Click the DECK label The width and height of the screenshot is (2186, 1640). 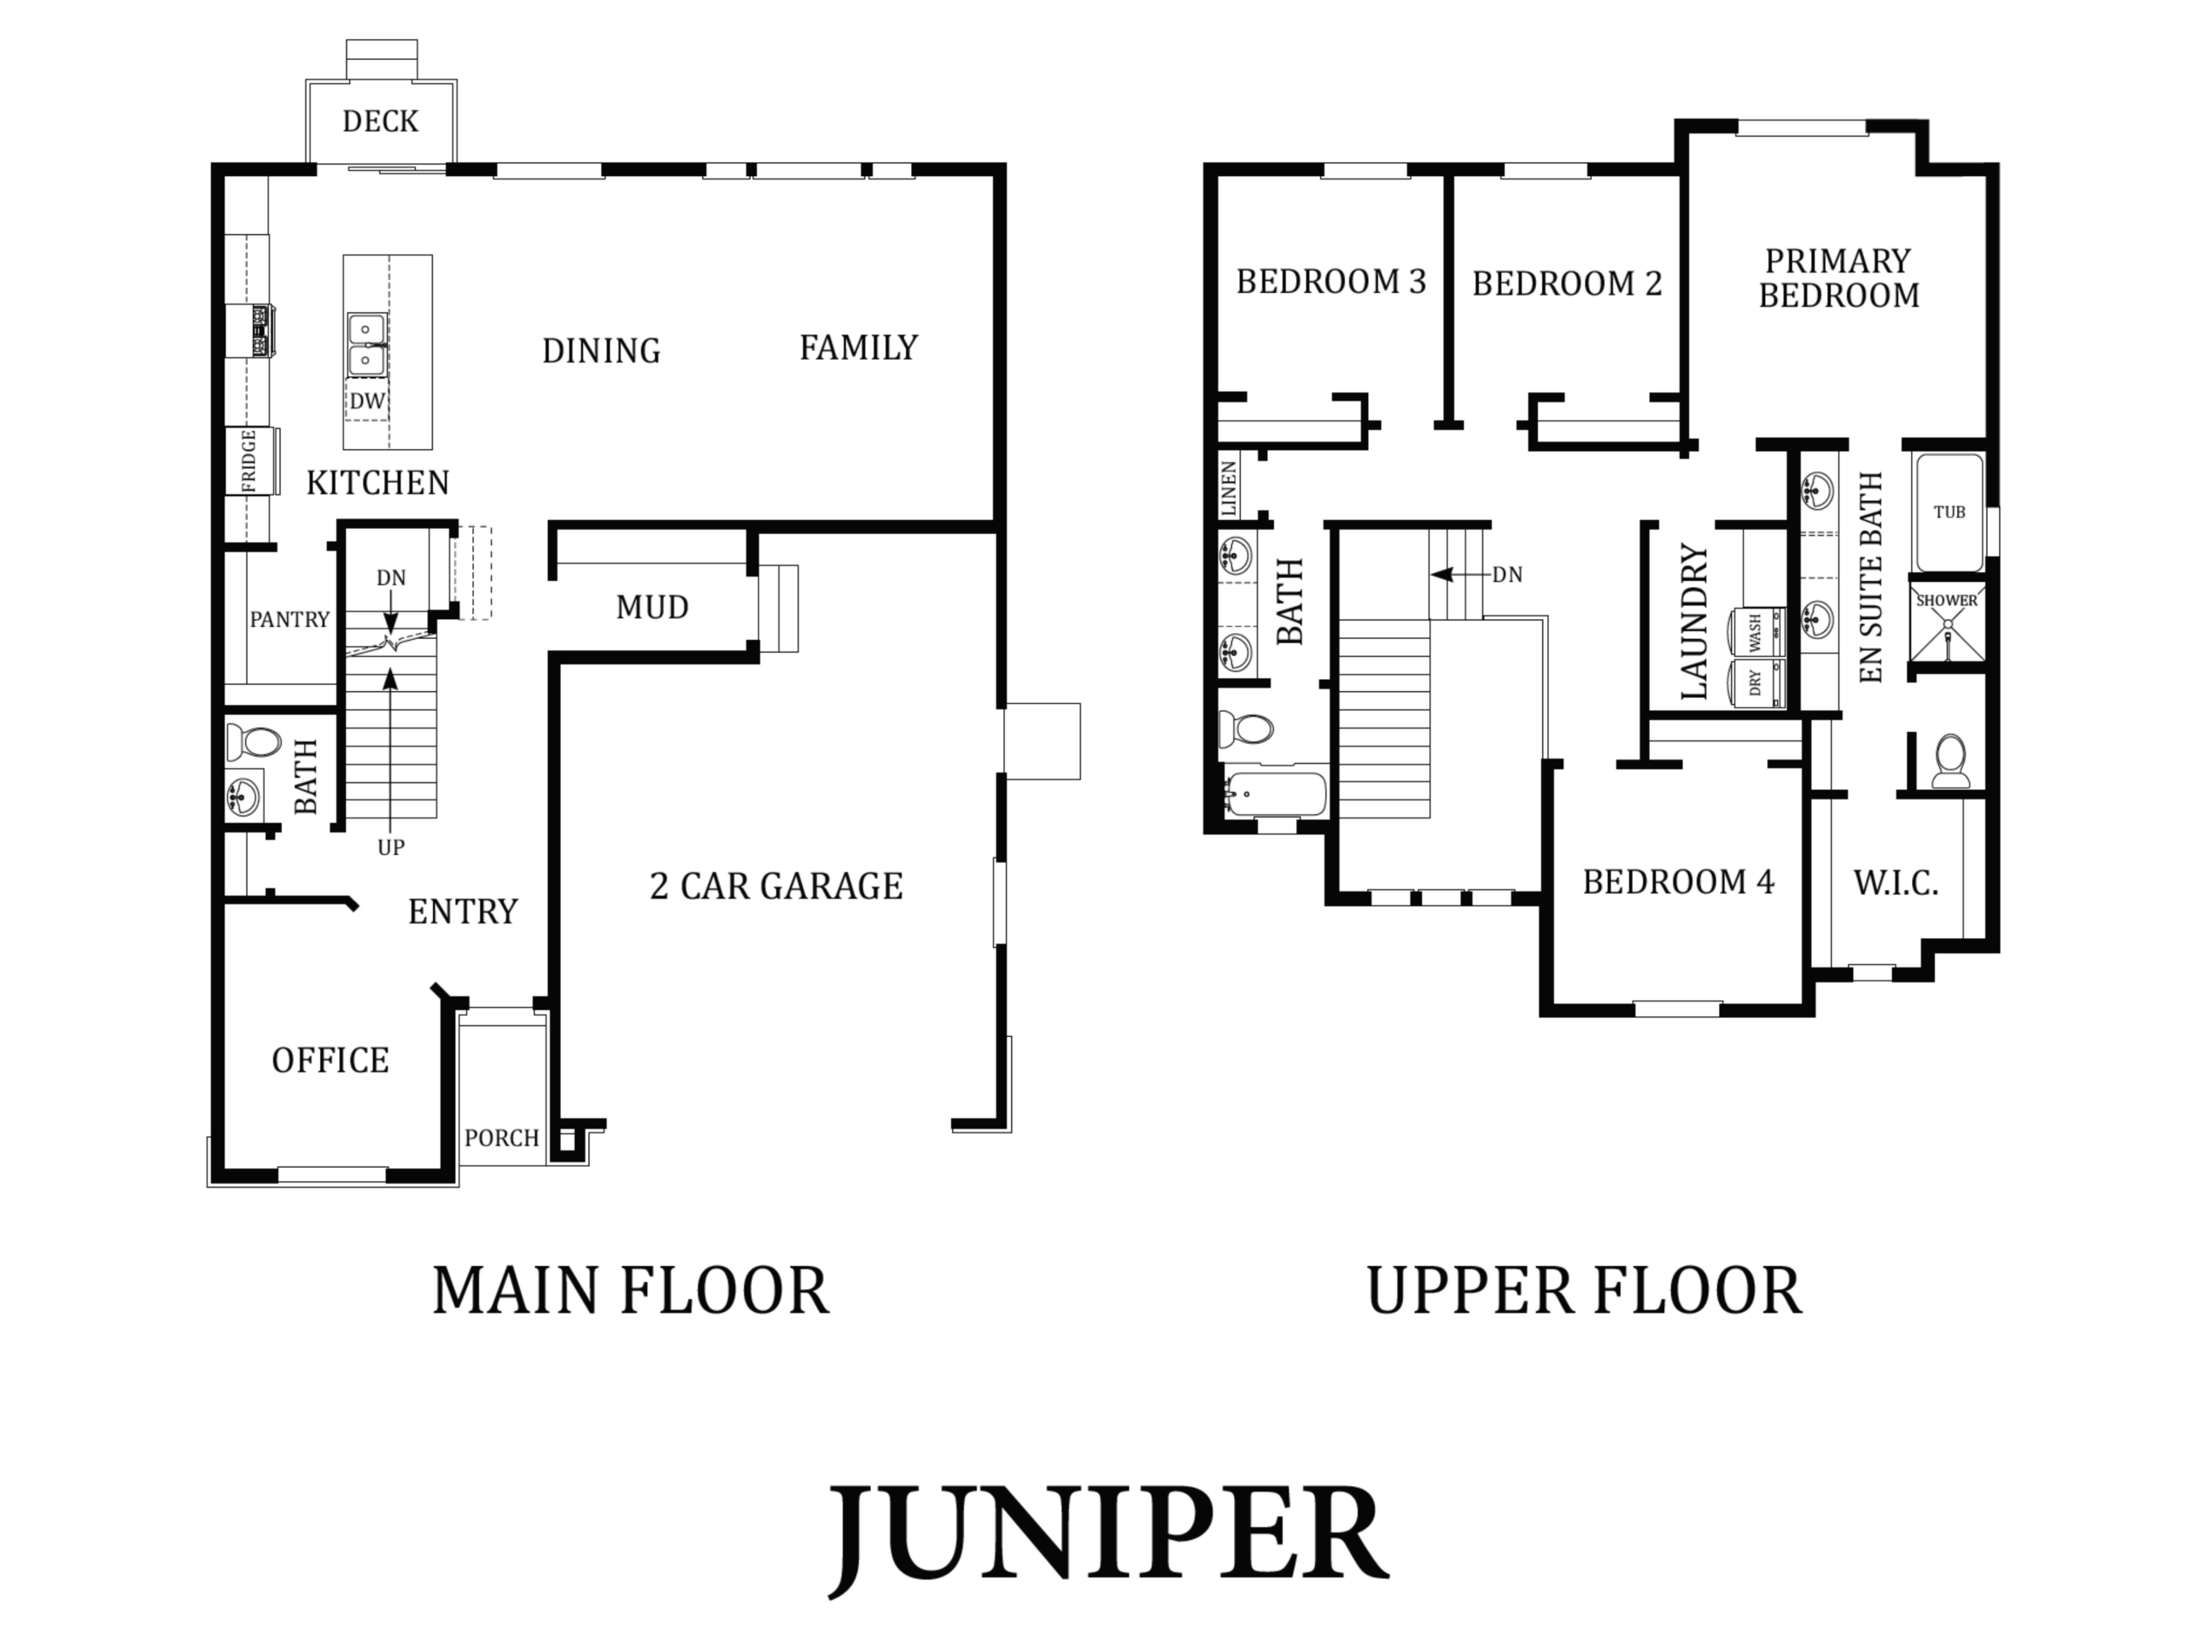pos(381,121)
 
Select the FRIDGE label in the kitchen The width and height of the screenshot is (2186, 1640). pos(248,460)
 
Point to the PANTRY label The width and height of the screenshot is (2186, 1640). pos(289,620)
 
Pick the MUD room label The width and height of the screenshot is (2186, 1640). pos(652,607)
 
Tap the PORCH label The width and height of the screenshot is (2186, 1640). pos(502,1138)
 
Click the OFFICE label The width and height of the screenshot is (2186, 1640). pos(330,1061)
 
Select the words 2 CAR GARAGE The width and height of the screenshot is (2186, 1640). pos(777,886)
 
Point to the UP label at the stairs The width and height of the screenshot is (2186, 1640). pos(390,847)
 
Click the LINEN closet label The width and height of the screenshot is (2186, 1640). pos(1230,489)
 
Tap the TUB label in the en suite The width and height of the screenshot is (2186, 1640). pos(1949,512)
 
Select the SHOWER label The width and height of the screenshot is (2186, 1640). pos(1947,600)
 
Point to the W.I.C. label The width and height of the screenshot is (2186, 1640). pos(1896,882)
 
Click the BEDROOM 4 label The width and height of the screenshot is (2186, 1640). pos(1678,881)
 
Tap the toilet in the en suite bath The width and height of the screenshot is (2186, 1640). pos(1949,760)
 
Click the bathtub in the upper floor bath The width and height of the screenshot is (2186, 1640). pos(1275,794)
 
